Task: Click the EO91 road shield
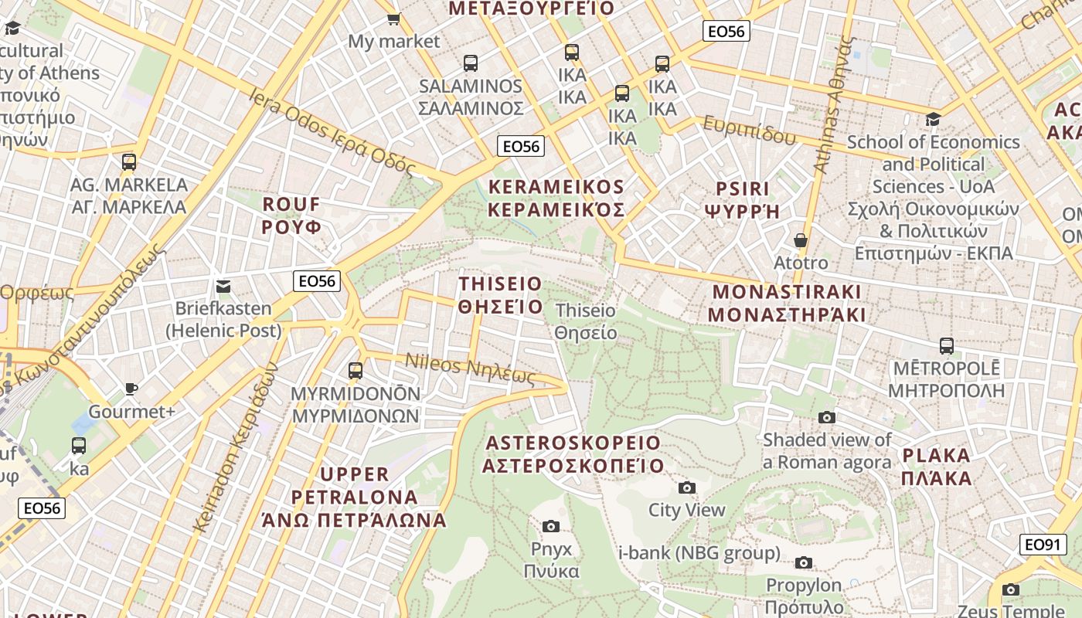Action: coord(1041,545)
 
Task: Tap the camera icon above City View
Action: coord(686,487)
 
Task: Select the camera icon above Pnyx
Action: coord(551,526)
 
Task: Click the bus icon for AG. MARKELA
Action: coord(129,162)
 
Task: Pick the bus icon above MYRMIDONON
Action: coord(356,371)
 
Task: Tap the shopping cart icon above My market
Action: coord(393,19)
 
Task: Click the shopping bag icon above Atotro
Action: coord(801,240)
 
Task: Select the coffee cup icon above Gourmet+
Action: coord(131,389)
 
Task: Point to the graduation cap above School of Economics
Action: coord(934,119)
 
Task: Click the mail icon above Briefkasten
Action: coord(223,286)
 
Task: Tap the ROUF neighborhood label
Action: coord(291,216)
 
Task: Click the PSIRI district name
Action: coord(743,199)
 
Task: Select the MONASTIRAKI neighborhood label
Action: coord(786,304)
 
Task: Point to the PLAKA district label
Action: coord(937,467)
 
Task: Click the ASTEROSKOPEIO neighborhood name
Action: coord(573,454)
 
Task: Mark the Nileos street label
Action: coord(470,368)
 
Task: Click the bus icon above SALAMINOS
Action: coord(470,63)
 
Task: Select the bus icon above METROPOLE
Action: coord(946,346)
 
